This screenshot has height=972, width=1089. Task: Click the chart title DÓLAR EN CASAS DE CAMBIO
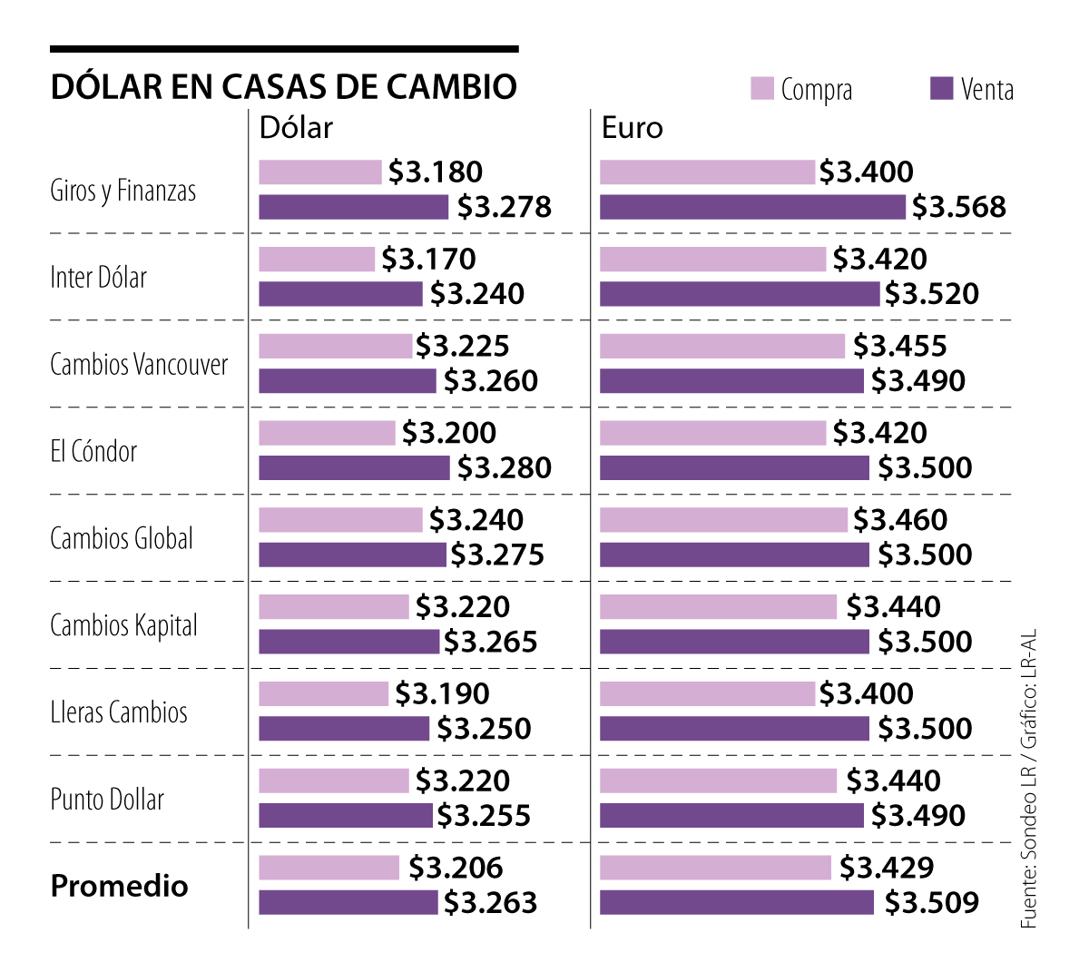coord(284,87)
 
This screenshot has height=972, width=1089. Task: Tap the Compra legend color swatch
coord(762,89)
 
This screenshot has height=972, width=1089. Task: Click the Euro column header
coord(633,128)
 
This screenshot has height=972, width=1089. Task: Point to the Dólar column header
coord(296,128)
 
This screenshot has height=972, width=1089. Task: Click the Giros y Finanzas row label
coord(123,191)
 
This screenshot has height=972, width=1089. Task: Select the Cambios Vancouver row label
coord(139,365)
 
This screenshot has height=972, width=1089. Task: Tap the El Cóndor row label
coord(93,451)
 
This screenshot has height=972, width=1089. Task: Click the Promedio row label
coord(120,886)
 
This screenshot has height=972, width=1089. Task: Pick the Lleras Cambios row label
coord(119,712)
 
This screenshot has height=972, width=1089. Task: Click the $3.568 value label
coord(959,207)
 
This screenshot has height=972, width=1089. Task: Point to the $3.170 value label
coord(428,260)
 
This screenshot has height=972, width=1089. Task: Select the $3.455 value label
coord(899,346)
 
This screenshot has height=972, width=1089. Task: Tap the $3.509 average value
coord(932,903)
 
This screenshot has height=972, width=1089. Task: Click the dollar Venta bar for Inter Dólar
coord(340,294)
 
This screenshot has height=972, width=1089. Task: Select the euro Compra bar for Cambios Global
coord(723,520)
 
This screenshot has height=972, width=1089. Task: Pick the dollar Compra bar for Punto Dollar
coord(334,781)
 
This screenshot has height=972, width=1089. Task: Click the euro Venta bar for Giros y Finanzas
coord(752,207)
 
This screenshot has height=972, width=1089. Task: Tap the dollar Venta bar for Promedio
coord(348,903)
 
